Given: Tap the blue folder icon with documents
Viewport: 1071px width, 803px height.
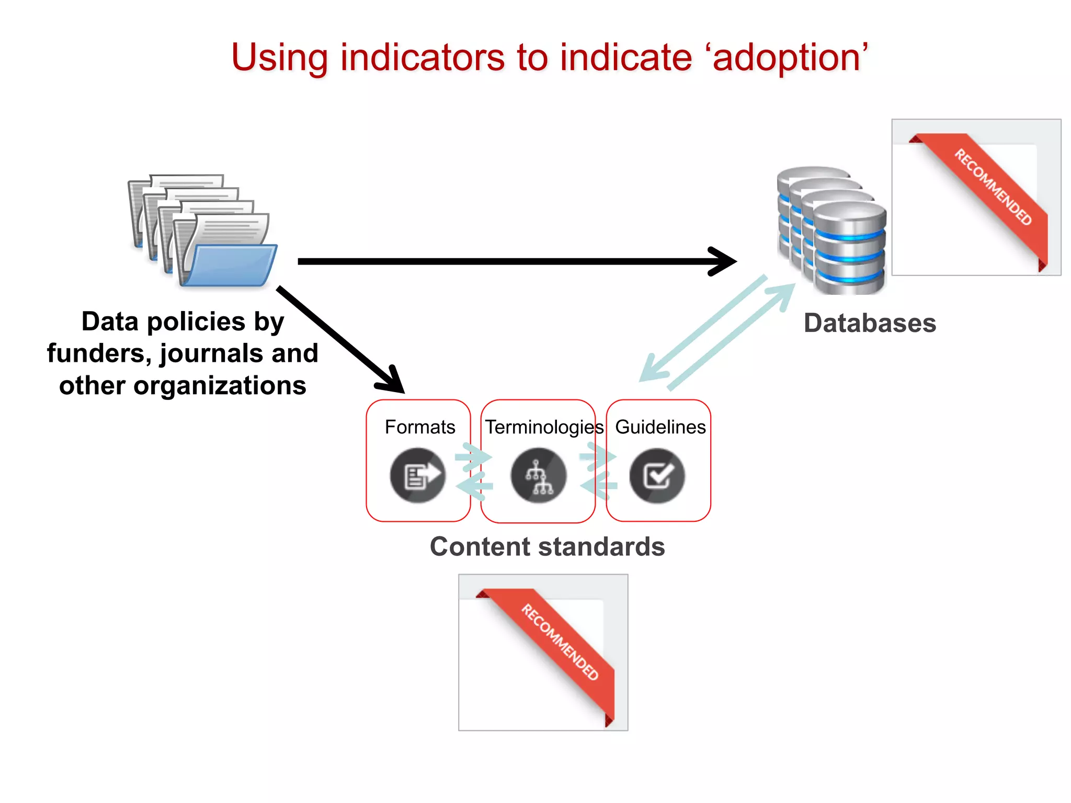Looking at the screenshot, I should [x=204, y=233].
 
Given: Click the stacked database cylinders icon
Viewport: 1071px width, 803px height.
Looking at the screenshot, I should [x=831, y=230].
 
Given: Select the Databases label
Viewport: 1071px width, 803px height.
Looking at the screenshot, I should [x=870, y=323].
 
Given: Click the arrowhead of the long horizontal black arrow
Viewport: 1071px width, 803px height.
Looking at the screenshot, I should [x=724, y=261].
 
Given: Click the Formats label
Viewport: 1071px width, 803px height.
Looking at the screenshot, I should [x=420, y=427].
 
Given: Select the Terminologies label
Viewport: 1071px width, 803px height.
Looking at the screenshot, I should [x=544, y=427].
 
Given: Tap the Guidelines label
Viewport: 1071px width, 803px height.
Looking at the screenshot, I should [x=660, y=427].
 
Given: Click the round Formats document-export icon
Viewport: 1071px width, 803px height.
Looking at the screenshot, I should [x=417, y=475].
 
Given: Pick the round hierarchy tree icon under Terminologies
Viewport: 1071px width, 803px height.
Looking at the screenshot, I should [x=539, y=475].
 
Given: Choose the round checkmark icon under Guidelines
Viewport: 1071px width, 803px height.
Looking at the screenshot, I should [x=657, y=475].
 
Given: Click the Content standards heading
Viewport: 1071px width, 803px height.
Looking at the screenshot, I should [x=547, y=547].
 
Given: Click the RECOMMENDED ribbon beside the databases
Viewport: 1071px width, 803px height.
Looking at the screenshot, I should [x=993, y=187].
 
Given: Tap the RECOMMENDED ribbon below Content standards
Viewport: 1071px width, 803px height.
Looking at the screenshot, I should [x=560, y=642].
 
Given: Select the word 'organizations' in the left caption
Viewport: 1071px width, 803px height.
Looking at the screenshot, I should [x=220, y=386].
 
